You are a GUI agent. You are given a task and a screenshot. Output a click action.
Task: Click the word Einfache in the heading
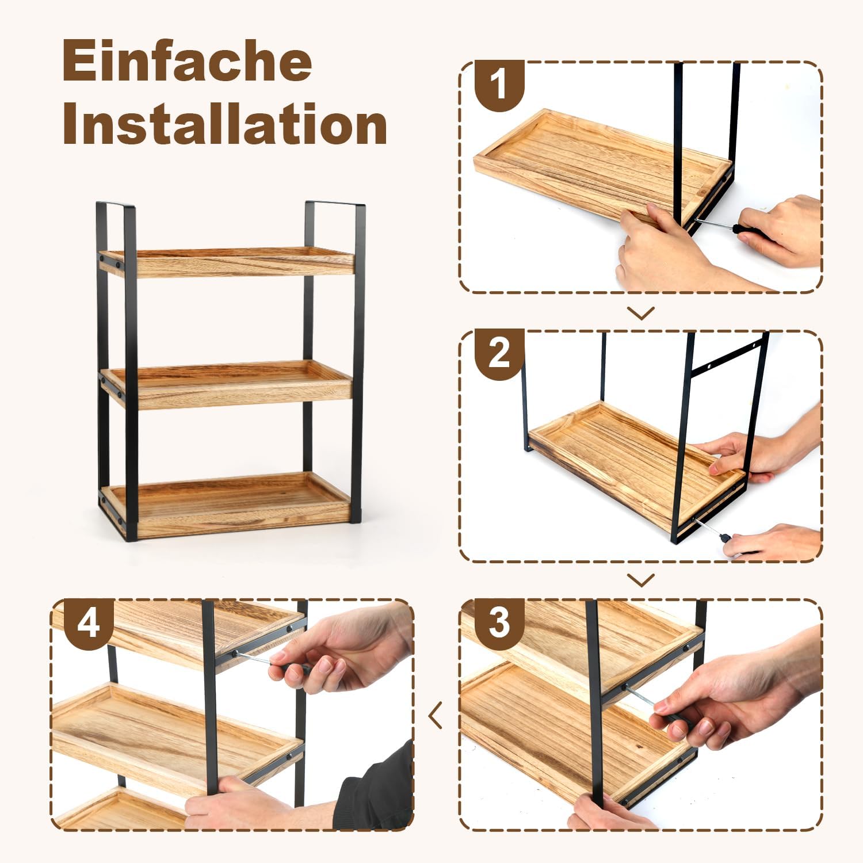coord(187,62)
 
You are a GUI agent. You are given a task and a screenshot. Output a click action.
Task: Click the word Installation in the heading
coord(224,124)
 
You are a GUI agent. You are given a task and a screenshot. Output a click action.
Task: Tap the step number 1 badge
coord(499,84)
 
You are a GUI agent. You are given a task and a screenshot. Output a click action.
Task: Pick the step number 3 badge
coord(499,622)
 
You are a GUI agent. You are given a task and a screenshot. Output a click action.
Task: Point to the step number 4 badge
coord(88,622)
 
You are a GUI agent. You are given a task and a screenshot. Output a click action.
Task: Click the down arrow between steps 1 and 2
coord(641,313)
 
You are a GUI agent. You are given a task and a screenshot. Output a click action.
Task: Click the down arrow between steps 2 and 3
coord(641,580)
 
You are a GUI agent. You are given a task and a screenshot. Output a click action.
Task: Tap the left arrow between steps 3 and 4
coord(436,715)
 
